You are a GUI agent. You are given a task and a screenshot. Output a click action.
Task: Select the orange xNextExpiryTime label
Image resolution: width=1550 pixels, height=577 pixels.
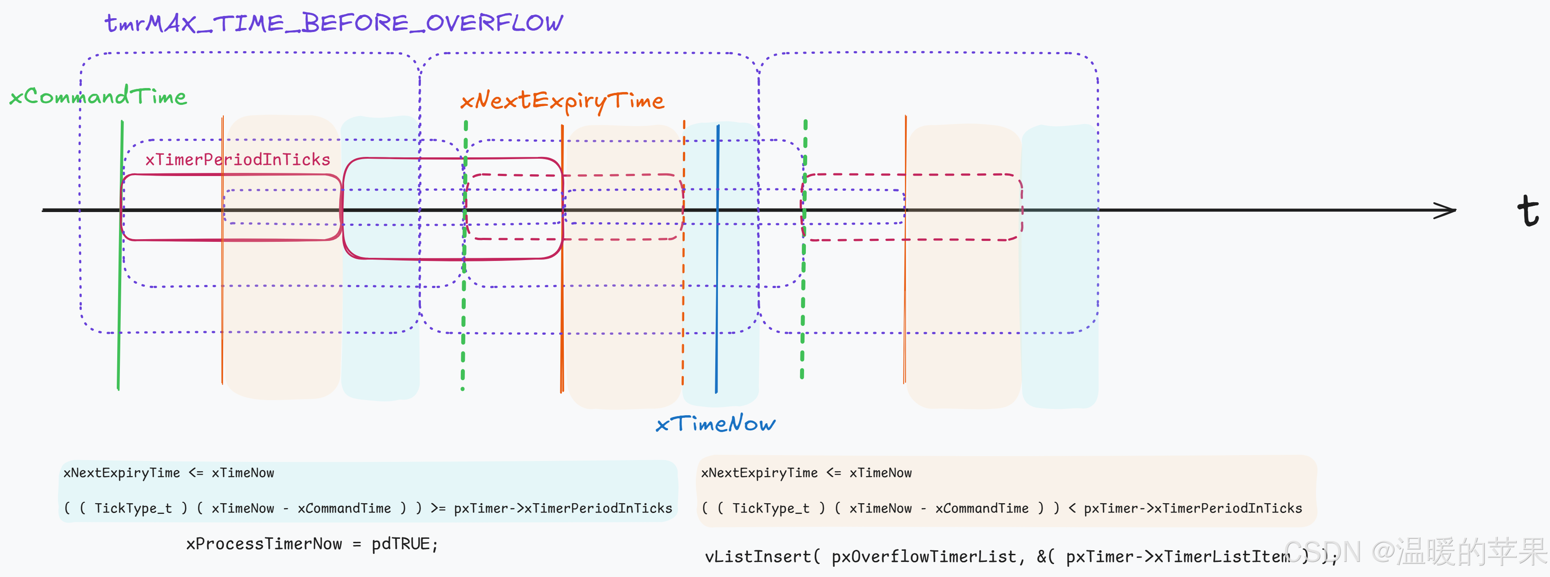pyautogui.click(x=562, y=100)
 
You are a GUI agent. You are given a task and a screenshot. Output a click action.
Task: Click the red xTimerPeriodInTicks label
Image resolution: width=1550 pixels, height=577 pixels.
pyautogui.click(x=238, y=160)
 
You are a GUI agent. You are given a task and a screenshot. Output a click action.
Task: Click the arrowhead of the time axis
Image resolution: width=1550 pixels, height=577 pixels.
pyautogui.click(x=1447, y=210)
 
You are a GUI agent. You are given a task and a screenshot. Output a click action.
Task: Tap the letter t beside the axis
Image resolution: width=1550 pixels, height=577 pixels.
pyautogui.click(x=1527, y=211)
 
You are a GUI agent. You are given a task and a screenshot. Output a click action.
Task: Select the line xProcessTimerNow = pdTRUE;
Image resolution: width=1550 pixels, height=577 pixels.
pyautogui.click(x=312, y=544)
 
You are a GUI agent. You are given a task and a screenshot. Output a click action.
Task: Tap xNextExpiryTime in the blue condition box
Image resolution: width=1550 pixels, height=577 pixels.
pyautogui.click(x=122, y=473)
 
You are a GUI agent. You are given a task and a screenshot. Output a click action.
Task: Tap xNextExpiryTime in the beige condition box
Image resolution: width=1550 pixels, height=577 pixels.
pyautogui.click(x=759, y=473)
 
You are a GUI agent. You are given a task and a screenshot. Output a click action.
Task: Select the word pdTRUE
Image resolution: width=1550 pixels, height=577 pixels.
pyautogui.click(x=401, y=544)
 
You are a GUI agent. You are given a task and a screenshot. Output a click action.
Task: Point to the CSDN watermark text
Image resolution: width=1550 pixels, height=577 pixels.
pyautogui.click(x=1414, y=552)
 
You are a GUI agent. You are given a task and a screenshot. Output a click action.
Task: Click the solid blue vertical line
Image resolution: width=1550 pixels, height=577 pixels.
pyautogui.click(x=717, y=259)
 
